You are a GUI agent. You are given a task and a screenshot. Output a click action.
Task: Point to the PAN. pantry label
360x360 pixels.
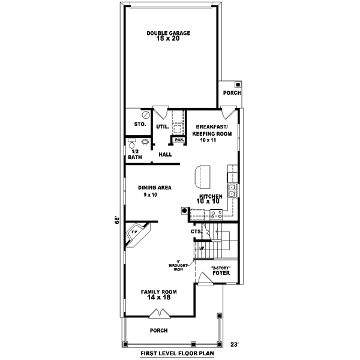178,140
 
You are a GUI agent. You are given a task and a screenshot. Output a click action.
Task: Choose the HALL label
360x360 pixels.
165,154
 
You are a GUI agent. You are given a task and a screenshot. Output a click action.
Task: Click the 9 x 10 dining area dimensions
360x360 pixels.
150,195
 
